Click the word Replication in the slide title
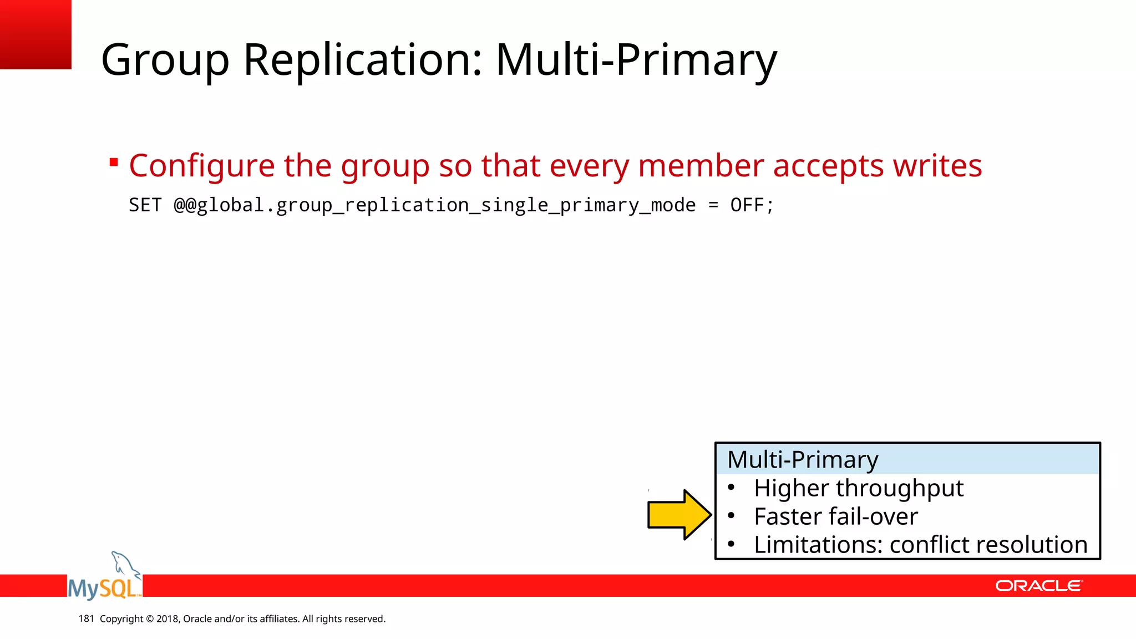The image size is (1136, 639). click(363, 60)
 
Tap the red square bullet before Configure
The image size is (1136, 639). click(114, 163)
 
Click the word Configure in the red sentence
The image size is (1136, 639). click(201, 166)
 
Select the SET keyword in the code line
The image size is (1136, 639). click(145, 205)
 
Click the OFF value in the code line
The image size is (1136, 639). click(747, 205)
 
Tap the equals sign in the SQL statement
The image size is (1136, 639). click(713, 206)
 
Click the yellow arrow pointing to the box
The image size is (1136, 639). click(678, 515)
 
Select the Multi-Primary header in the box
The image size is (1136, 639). click(802, 460)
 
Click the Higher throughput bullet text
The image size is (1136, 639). click(858, 488)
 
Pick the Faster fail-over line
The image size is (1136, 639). click(835, 516)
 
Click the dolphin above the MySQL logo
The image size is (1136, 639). click(124, 564)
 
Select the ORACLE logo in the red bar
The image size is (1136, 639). click(1038, 586)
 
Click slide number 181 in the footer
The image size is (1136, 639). click(86, 618)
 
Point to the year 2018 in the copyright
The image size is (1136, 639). click(167, 618)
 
